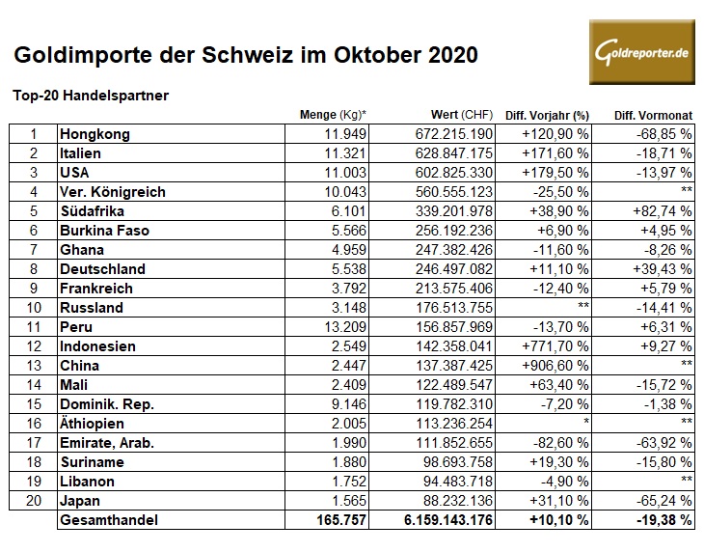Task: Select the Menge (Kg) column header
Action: [332, 116]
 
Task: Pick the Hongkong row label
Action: [95, 134]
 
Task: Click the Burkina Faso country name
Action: [104, 231]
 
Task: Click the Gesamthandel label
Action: [110, 520]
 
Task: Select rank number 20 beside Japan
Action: [33, 501]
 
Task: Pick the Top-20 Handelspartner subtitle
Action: [91, 96]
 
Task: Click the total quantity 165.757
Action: [334, 520]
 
